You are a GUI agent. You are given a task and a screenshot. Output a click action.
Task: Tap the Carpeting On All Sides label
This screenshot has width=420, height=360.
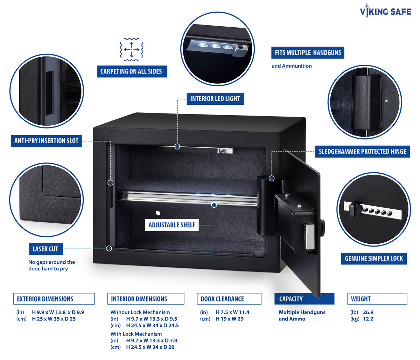(131, 71)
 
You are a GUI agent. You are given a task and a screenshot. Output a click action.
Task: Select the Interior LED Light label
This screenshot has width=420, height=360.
(215, 99)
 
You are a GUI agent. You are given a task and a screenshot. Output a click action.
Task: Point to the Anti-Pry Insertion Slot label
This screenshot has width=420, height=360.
(46, 141)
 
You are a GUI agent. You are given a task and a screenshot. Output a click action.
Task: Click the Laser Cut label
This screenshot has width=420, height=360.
(45, 249)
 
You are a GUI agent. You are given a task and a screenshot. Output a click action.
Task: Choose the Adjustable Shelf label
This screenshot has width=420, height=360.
(172, 225)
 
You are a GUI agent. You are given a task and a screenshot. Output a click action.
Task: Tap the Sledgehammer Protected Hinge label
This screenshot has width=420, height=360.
(362, 152)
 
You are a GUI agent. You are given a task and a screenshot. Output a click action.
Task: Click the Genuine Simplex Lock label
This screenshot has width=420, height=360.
(374, 258)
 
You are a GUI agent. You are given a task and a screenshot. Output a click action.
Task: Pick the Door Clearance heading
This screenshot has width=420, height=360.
(222, 299)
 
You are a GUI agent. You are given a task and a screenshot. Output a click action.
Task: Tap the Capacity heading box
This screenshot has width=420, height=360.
(304, 299)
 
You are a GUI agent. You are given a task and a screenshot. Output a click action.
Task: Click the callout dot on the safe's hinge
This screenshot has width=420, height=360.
(271, 178)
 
